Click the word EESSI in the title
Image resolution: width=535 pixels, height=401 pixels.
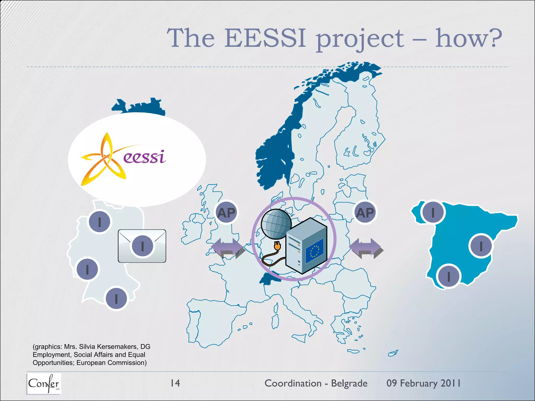tap(265, 39)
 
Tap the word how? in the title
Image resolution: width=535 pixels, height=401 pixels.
tap(468, 39)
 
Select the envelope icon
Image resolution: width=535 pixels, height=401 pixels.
tap(142, 246)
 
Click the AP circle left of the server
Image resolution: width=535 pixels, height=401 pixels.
tap(226, 213)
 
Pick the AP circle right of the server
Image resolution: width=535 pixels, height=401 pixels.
tap(365, 213)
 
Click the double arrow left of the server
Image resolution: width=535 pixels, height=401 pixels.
tap(228, 248)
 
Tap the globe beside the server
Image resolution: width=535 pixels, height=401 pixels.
tap(276, 224)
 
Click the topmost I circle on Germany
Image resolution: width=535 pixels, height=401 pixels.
tap(100, 222)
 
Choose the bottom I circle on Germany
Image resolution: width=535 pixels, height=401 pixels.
tap(116, 298)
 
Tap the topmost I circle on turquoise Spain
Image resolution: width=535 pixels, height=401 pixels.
tap(433, 212)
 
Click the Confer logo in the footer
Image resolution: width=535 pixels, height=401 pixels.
tap(44, 383)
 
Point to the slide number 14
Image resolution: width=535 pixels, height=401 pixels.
tap(175, 383)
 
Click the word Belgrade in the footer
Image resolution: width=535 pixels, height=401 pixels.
tap(349, 383)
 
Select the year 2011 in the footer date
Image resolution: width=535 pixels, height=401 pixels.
tap(450, 383)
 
